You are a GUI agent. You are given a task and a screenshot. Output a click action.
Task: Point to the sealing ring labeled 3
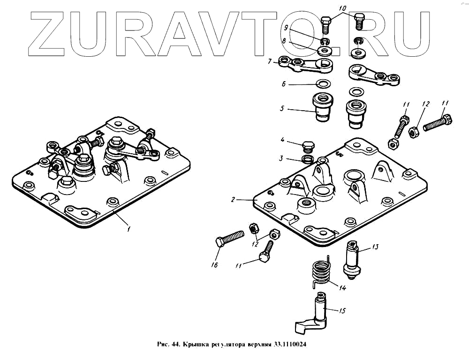[308, 160]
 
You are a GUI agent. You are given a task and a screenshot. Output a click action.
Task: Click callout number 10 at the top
[342, 8]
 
